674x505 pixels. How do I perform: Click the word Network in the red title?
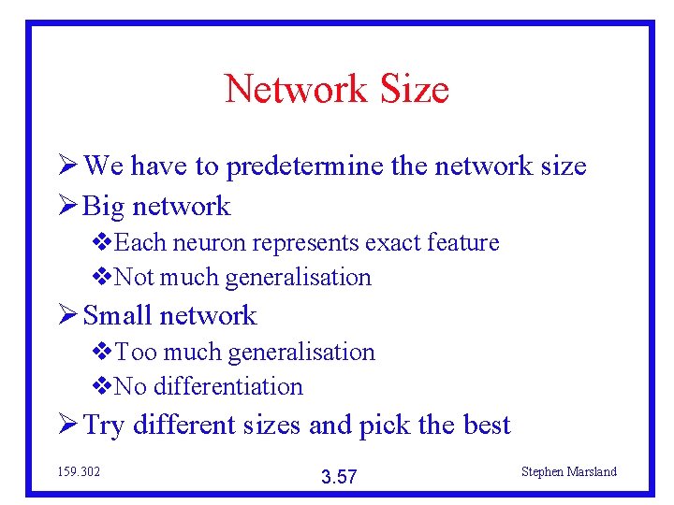296,90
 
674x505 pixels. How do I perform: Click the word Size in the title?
414,90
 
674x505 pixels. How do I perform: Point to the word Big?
105,207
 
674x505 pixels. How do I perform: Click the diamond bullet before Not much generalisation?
102,278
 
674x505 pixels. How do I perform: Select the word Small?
120,316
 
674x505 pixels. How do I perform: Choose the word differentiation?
227,387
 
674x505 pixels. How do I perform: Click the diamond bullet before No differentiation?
102,387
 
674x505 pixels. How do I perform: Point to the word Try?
104,426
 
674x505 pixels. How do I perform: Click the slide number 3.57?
339,478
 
